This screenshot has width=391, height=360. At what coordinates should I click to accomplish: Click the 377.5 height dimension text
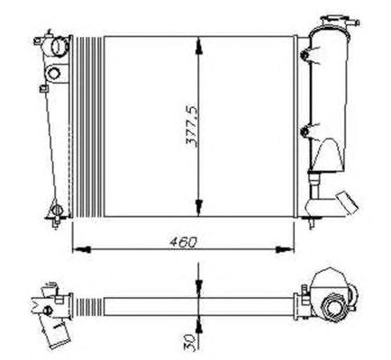click(193, 126)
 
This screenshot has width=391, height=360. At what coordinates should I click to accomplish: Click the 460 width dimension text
click(183, 242)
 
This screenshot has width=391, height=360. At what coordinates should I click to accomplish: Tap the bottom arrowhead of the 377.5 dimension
click(198, 207)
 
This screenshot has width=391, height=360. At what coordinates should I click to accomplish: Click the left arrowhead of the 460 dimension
click(82, 249)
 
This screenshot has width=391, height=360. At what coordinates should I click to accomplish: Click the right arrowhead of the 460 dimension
click(285, 249)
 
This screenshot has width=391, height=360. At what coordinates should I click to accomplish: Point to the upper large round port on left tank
click(60, 46)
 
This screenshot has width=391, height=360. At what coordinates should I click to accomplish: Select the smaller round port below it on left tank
click(54, 73)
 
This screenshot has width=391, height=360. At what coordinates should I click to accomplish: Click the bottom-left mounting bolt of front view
click(57, 211)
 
